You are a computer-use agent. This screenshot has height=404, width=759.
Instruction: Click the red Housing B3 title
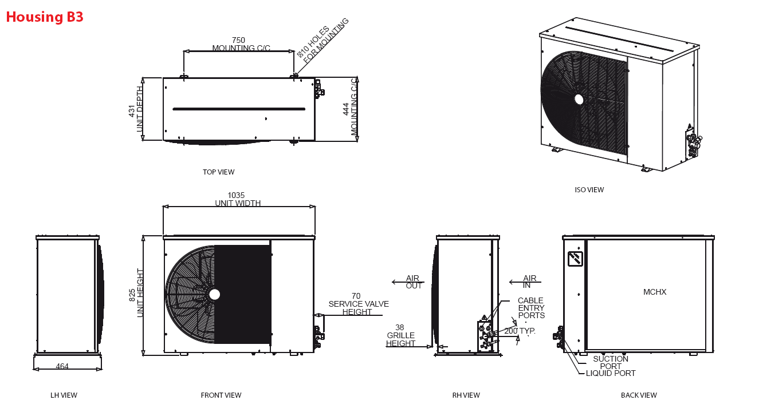click(x=45, y=17)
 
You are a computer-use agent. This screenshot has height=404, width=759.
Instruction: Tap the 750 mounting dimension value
click(x=238, y=40)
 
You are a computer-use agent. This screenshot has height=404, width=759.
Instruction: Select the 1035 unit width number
click(x=236, y=195)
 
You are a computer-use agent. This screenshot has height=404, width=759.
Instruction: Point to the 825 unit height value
click(x=132, y=295)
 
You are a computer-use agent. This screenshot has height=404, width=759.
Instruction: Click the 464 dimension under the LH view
click(x=62, y=366)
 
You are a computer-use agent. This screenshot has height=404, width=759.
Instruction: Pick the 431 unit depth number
click(x=132, y=111)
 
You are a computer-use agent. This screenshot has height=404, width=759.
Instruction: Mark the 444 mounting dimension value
click(x=345, y=109)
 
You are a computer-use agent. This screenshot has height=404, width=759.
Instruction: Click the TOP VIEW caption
click(x=219, y=172)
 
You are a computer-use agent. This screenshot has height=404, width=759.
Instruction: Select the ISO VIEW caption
click(x=589, y=190)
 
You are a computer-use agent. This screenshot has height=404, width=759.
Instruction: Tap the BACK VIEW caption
click(x=639, y=395)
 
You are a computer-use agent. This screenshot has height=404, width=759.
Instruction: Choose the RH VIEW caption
click(x=466, y=395)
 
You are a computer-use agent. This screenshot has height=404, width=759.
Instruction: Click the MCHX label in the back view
click(x=655, y=292)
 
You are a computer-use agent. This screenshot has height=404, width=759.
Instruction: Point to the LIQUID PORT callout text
click(x=611, y=373)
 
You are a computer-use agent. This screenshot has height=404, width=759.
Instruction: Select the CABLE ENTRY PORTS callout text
click(x=532, y=308)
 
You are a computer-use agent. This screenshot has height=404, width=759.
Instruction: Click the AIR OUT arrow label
click(x=414, y=282)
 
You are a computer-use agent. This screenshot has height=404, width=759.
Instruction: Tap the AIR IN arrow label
click(x=529, y=282)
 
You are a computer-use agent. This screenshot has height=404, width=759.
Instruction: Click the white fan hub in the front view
click(x=214, y=295)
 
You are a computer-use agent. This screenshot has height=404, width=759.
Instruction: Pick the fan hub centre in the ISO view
click(x=579, y=100)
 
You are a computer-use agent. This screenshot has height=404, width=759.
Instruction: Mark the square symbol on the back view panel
click(x=575, y=259)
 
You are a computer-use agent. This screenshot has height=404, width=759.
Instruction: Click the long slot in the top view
click(x=239, y=109)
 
